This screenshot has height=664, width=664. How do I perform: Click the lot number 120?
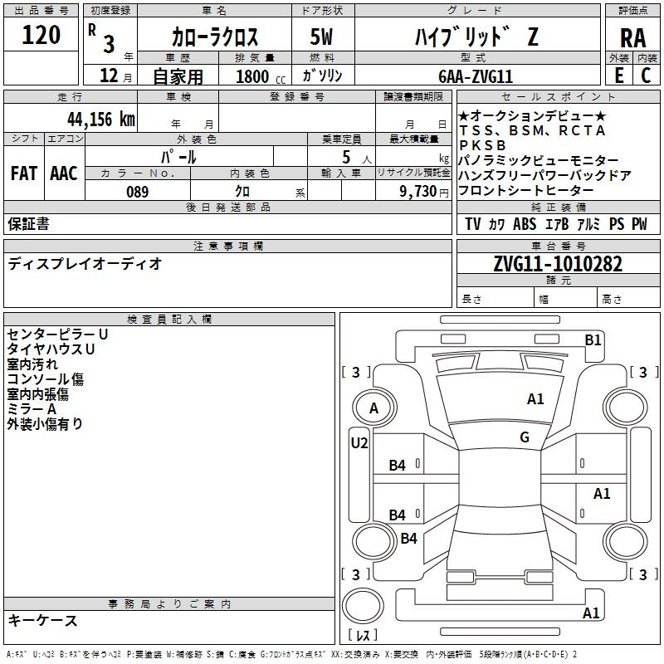click(41, 36)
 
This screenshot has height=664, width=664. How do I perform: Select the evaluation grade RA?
click(632, 38)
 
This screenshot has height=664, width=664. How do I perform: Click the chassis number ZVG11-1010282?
click(557, 265)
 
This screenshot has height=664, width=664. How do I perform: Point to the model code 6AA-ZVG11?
click(487, 76)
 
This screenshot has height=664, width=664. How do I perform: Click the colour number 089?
click(137, 192)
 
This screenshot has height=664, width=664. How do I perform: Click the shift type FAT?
click(23, 173)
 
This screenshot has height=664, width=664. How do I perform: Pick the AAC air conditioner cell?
click(63, 173)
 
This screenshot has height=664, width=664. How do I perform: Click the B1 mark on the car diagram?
click(593, 339)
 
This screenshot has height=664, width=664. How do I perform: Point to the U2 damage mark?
click(359, 443)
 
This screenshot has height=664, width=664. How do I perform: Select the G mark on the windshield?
click(525, 437)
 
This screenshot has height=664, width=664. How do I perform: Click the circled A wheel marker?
click(373, 408)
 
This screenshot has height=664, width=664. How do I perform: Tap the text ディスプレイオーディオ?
click(85, 264)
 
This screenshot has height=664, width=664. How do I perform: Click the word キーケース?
click(42, 620)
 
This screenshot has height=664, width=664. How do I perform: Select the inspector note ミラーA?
click(32, 409)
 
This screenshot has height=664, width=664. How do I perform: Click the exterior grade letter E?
click(618, 75)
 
